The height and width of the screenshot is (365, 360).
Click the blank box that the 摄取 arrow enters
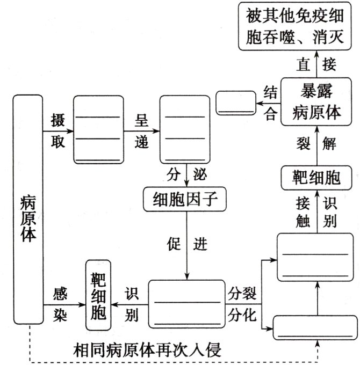tap(97, 129)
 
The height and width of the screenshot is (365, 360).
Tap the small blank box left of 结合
tap(235, 102)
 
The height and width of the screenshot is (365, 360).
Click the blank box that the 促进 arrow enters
tap(187, 303)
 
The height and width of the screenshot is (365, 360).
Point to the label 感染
tap(60, 304)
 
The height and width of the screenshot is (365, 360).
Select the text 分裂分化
tap(243, 303)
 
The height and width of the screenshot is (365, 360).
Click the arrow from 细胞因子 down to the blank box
tap(186, 244)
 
